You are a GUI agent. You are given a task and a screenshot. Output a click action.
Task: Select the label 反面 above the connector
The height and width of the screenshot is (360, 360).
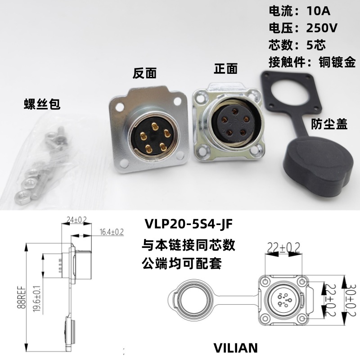click(x=144, y=73)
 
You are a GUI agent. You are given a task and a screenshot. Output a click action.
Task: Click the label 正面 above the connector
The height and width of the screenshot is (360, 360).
click(x=225, y=68)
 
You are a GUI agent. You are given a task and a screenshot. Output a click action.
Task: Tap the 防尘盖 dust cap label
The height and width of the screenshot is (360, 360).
click(x=329, y=125)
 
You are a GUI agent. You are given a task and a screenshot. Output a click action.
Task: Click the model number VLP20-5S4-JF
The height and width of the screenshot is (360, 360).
click(x=189, y=224)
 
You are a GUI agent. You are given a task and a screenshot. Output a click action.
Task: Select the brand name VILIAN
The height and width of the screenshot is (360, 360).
click(x=236, y=347)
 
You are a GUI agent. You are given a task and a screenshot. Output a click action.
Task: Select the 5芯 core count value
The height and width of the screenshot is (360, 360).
click(x=318, y=45)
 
